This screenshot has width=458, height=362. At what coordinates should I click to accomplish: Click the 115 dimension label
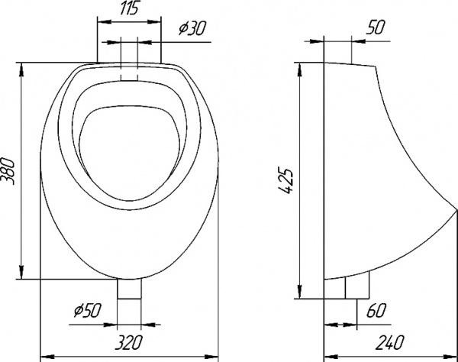(x=129, y=9)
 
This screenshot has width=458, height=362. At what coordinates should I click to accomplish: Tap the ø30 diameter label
(x=192, y=28)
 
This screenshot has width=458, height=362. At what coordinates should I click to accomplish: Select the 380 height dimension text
(x=8, y=171)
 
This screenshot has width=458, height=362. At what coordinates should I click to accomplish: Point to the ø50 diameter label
(x=87, y=310)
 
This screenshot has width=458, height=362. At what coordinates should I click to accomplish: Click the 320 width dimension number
(x=128, y=342)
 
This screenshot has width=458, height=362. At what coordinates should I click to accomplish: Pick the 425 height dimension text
(x=285, y=180)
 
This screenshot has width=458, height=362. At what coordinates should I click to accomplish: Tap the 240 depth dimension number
(x=389, y=342)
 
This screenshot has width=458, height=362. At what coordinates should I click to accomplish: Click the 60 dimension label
(x=376, y=310)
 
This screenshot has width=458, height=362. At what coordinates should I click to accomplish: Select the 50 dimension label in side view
(x=375, y=27)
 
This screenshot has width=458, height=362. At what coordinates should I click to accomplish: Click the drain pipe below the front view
(x=129, y=289)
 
